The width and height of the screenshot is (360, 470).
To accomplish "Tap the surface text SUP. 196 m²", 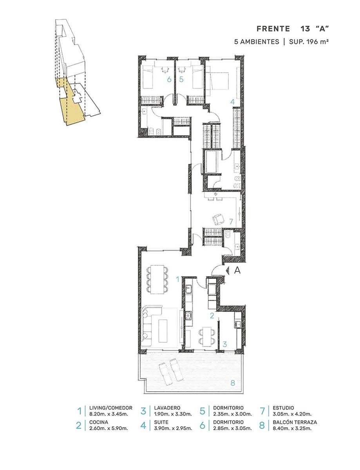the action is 309,42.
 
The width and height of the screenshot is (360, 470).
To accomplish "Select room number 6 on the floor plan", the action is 169,80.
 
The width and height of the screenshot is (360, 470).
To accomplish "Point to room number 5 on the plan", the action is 181,80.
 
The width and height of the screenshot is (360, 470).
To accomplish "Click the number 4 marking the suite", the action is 232,102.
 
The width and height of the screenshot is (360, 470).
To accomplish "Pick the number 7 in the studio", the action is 231,221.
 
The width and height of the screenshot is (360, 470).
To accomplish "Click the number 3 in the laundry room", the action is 225,344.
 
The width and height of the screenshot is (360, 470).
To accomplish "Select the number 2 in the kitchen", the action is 212,316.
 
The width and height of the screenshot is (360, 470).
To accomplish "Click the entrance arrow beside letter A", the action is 227,270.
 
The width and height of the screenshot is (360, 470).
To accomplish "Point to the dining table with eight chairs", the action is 157,279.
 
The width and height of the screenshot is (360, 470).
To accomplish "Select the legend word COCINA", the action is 99,422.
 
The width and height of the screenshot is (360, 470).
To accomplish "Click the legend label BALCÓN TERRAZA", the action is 295,422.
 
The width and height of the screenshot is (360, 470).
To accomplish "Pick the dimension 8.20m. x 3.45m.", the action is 109,414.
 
